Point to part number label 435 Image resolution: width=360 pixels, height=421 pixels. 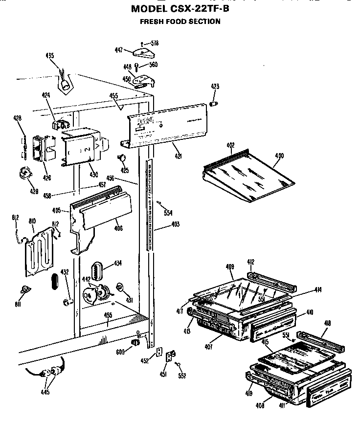click(50, 55)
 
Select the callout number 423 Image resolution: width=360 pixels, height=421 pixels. click(215, 87)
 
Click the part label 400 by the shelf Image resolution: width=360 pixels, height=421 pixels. click(279, 156)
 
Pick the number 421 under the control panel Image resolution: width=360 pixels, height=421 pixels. click(179, 156)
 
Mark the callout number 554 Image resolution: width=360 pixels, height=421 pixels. click(168, 213)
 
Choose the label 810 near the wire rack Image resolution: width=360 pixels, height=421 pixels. click(32, 222)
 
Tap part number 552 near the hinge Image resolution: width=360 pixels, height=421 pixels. click(182, 376)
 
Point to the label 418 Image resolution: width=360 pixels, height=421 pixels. click(327, 323)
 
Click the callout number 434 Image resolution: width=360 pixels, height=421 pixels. click(117, 263)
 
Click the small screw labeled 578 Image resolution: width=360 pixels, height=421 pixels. click(141, 44)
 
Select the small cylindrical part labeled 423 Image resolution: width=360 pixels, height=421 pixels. click(213, 103)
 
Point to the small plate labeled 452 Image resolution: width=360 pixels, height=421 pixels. click(158, 353)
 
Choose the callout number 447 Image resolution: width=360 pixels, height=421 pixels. click(119, 50)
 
